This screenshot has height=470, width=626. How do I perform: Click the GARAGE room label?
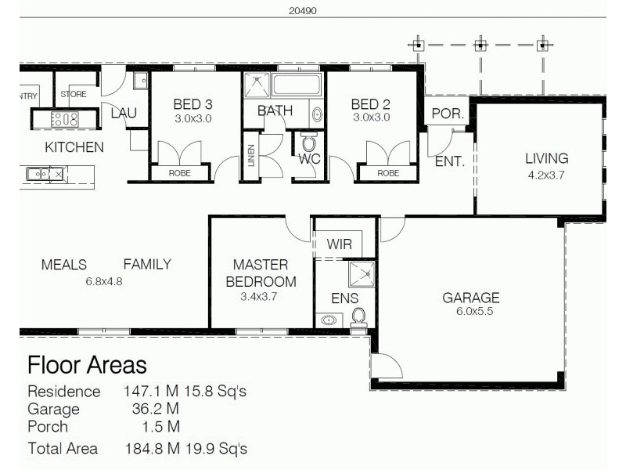[470, 298]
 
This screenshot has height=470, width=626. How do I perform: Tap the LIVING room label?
[546, 159]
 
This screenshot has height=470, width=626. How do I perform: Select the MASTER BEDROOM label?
[261, 273]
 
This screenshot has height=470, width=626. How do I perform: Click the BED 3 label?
[192, 104]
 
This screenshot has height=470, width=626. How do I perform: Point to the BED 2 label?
[370, 104]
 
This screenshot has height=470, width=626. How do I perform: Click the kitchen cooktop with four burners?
[64, 120]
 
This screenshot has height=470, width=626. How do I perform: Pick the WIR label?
[340, 244]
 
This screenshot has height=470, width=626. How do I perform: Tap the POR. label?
[448, 114]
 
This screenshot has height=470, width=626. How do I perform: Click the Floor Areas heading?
[87, 365]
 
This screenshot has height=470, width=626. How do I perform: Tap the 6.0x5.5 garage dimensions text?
[470, 311]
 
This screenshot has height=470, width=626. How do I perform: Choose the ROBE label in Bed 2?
[388, 173]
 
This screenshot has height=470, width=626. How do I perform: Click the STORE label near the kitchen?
[74, 95]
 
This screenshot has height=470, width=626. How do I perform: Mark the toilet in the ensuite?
[359, 316]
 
